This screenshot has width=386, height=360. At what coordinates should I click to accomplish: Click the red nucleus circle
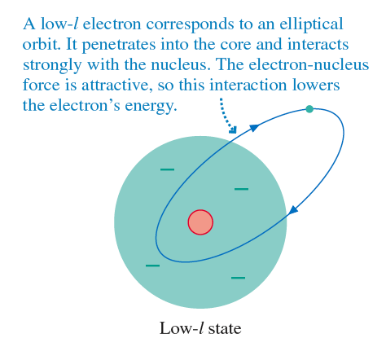[200, 222]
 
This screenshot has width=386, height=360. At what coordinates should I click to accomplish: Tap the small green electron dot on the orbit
[309, 109]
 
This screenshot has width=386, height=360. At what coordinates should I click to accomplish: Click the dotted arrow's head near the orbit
[233, 130]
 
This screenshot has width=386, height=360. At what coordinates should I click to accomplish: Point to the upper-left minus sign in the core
[167, 169]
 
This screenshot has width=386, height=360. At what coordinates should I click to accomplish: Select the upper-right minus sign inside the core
[241, 189]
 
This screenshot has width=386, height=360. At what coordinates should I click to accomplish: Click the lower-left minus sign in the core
[152, 266]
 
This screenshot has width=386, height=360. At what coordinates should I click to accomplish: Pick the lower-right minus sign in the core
[238, 278]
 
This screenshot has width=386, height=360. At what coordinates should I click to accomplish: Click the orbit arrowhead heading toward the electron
[254, 127]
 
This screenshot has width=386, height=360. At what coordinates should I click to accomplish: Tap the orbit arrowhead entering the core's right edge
[292, 210]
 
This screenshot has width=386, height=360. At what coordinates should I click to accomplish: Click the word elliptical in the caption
[311, 24]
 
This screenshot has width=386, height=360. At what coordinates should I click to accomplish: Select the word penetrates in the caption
[119, 45]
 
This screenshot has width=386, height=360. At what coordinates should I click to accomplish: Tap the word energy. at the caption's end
[151, 106]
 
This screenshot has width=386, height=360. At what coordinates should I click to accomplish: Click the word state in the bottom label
[225, 328]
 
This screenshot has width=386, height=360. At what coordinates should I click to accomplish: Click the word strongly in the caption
[52, 65]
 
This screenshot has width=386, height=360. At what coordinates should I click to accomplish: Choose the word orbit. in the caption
[42, 44]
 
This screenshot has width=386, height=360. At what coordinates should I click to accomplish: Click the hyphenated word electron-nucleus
[309, 65]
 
